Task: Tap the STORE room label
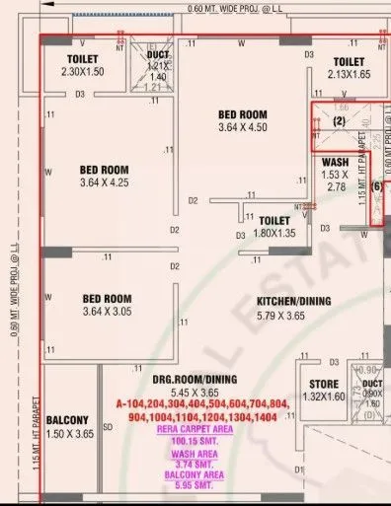326,384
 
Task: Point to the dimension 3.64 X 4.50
242,127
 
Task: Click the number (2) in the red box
339,121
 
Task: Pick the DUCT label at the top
158,55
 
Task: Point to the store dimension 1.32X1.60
326,397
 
